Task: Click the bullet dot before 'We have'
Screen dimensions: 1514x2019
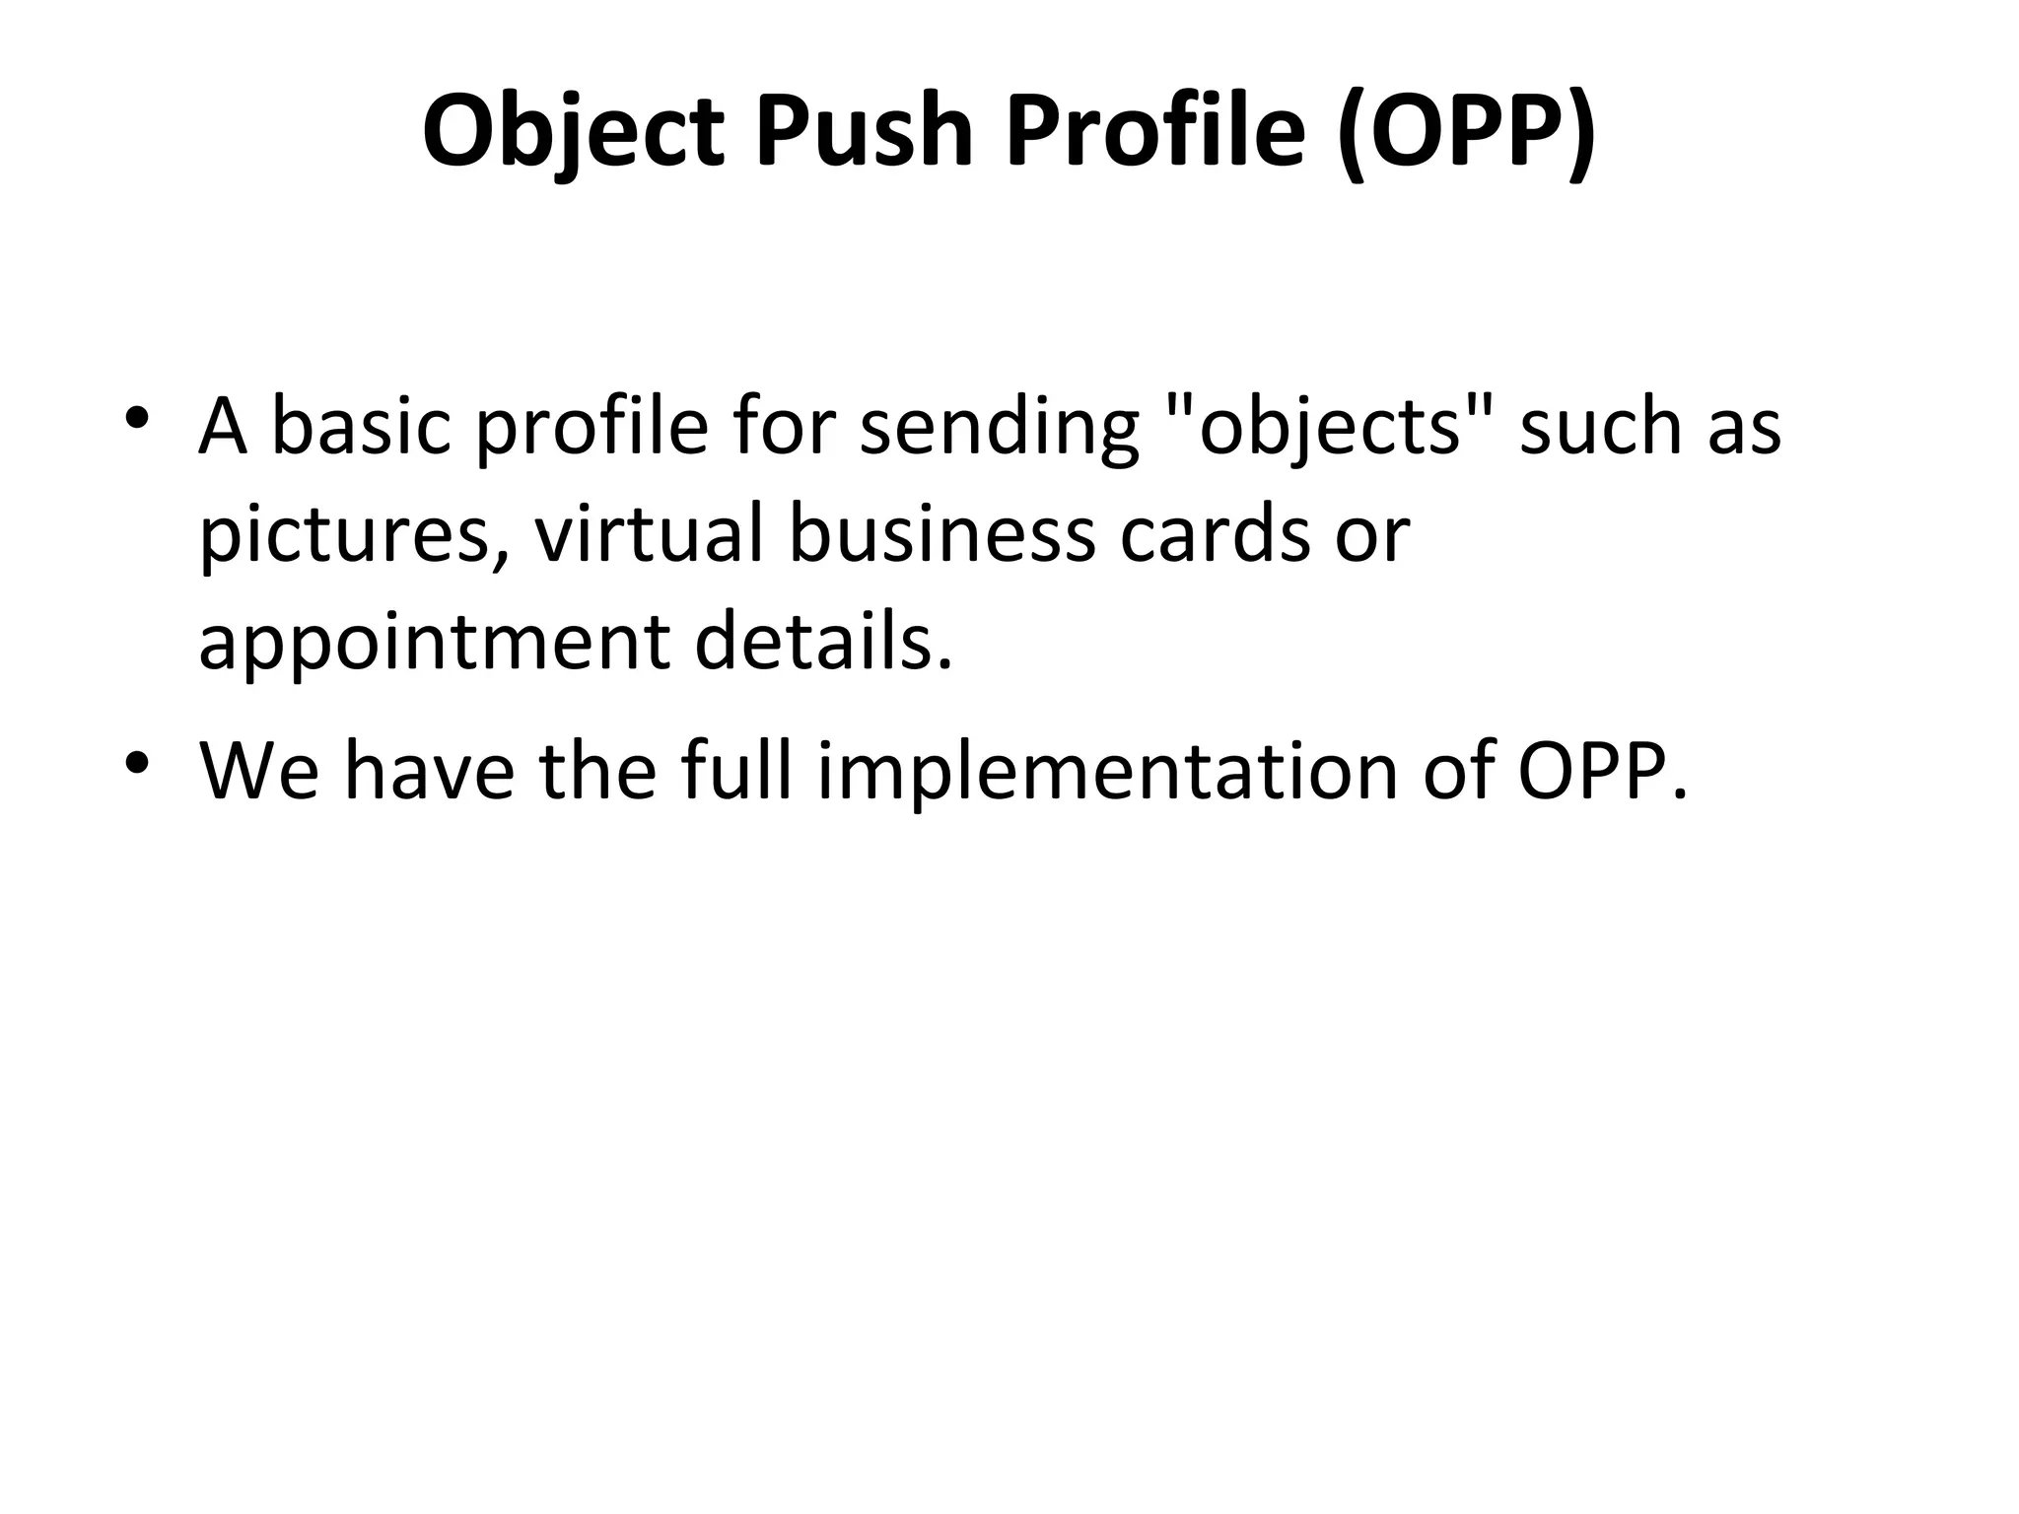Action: click(137, 762)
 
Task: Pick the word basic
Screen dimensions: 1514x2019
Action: click(361, 428)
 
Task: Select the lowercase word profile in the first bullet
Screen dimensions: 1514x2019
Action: click(592, 428)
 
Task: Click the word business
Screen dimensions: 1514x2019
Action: click(942, 534)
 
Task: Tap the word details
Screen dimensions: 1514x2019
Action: click(824, 643)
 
